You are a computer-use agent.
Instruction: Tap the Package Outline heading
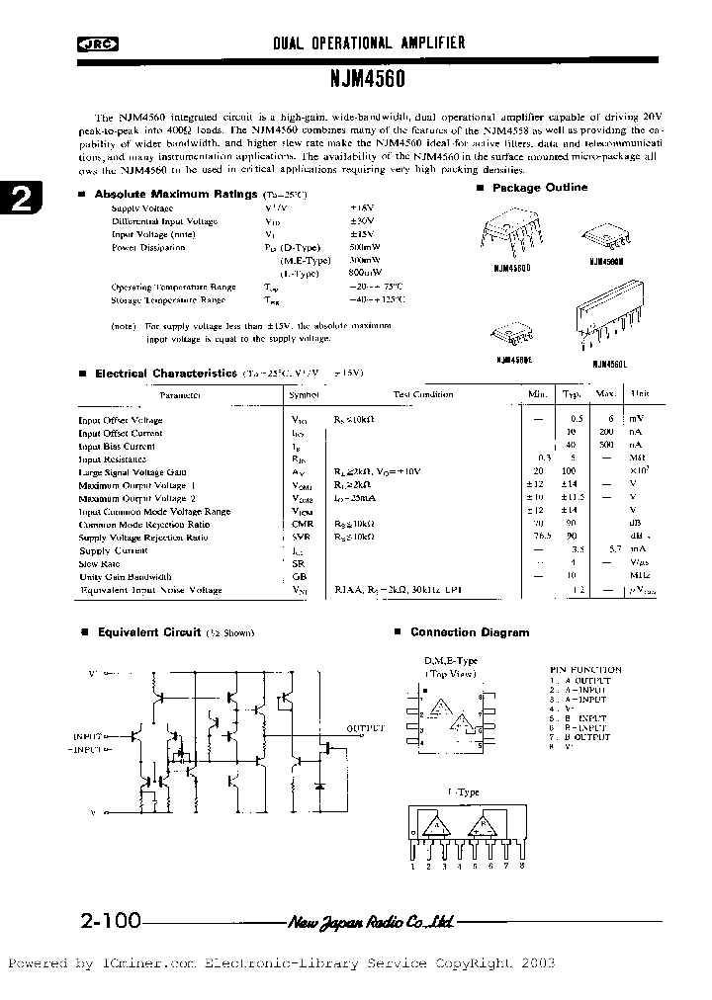(x=540, y=188)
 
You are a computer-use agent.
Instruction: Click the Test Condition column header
(x=423, y=394)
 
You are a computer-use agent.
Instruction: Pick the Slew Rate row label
(x=99, y=563)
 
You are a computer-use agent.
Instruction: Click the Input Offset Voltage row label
(x=121, y=420)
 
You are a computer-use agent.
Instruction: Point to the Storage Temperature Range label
(x=167, y=299)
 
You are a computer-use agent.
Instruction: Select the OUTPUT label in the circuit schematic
(x=365, y=728)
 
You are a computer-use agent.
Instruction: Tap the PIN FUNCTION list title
(x=585, y=670)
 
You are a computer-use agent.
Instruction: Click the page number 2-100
(x=109, y=922)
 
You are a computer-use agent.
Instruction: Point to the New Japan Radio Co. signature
(x=371, y=923)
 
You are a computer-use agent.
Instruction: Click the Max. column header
(x=605, y=394)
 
